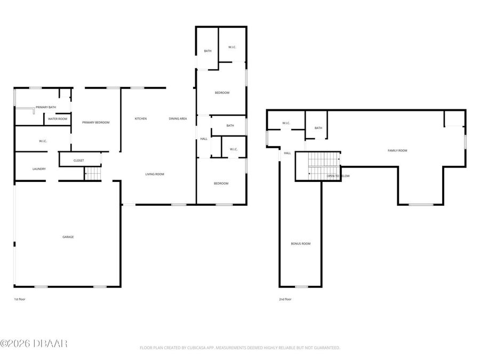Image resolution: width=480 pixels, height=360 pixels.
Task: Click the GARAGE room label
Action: (68, 237)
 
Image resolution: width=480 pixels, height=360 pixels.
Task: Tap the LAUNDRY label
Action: (39, 169)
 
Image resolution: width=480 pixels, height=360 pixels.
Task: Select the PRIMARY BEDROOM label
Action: (95, 123)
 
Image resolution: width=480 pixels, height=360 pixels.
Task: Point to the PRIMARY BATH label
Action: (46, 107)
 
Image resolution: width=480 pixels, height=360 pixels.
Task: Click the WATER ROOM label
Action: (58, 119)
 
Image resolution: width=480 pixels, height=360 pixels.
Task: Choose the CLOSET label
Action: (78, 160)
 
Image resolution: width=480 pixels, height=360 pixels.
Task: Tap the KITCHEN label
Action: (140, 118)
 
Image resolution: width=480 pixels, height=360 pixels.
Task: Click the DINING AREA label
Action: (178, 118)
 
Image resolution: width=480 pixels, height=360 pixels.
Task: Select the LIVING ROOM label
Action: (155, 174)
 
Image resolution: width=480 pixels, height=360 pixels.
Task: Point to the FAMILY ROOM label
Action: (397, 150)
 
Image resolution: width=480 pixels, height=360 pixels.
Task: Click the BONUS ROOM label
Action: (300, 244)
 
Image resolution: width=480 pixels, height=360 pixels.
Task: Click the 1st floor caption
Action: (19, 299)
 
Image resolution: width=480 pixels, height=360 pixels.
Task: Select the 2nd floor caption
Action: (285, 299)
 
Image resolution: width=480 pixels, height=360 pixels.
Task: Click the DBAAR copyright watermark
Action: (34, 343)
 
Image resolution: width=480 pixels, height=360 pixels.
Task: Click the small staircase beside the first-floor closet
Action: (92, 173)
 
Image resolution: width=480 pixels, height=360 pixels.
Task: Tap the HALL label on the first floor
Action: (204, 139)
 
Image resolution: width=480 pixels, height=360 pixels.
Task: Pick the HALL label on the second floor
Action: (287, 153)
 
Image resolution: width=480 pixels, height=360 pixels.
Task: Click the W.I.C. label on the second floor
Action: (285, 123)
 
